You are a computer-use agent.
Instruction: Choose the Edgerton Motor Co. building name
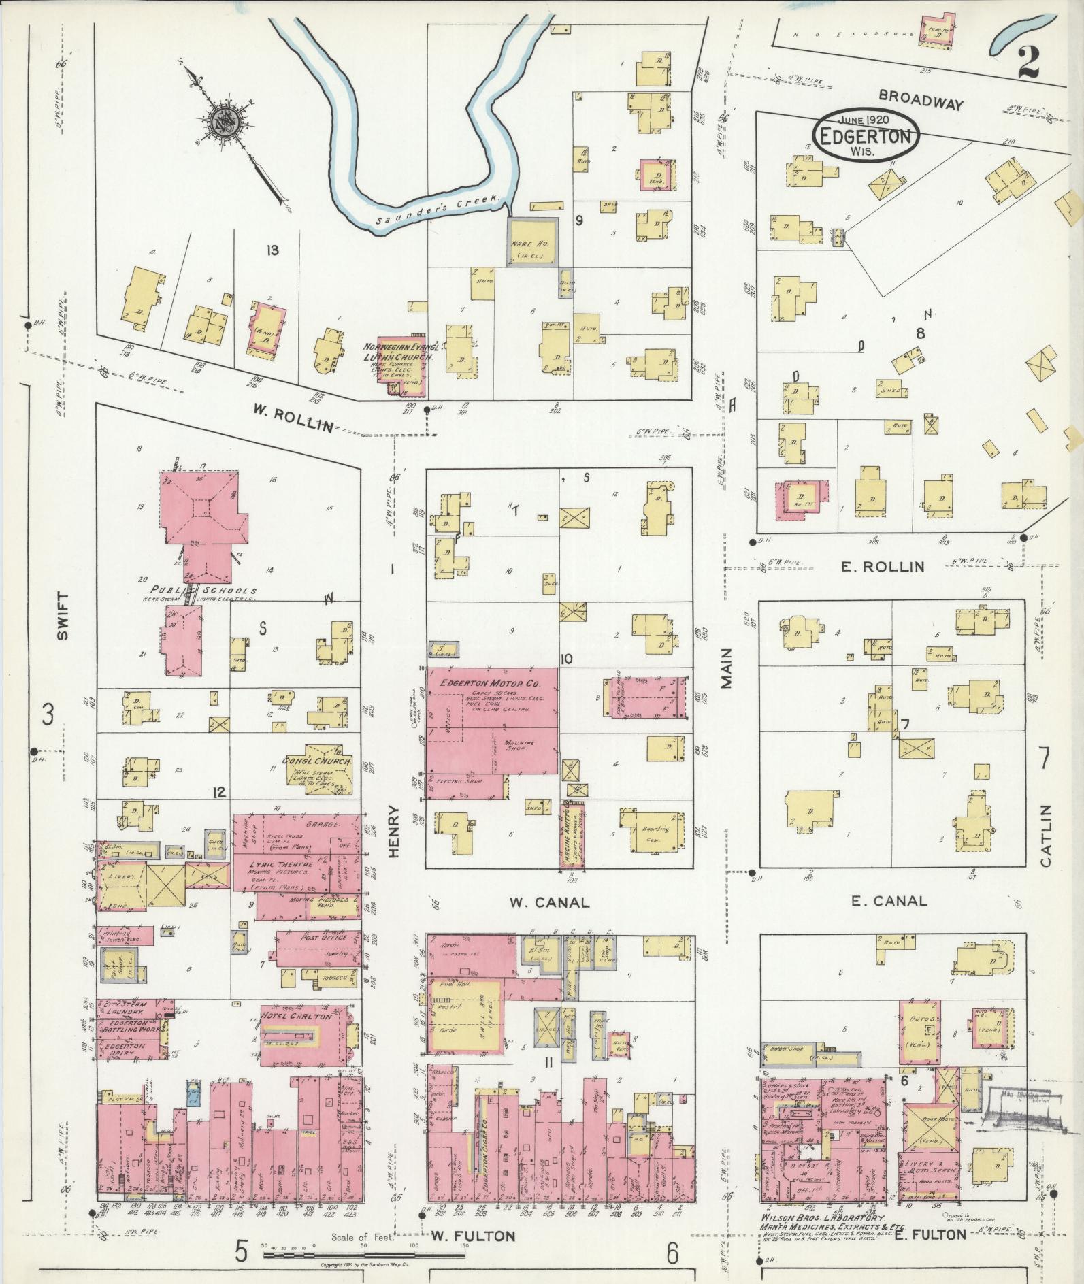click(489, 682)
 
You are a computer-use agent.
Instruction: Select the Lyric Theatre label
click(280, 862)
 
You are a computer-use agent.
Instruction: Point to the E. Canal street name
click(889, 901)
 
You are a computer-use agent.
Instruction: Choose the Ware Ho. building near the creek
click(533, 244)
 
